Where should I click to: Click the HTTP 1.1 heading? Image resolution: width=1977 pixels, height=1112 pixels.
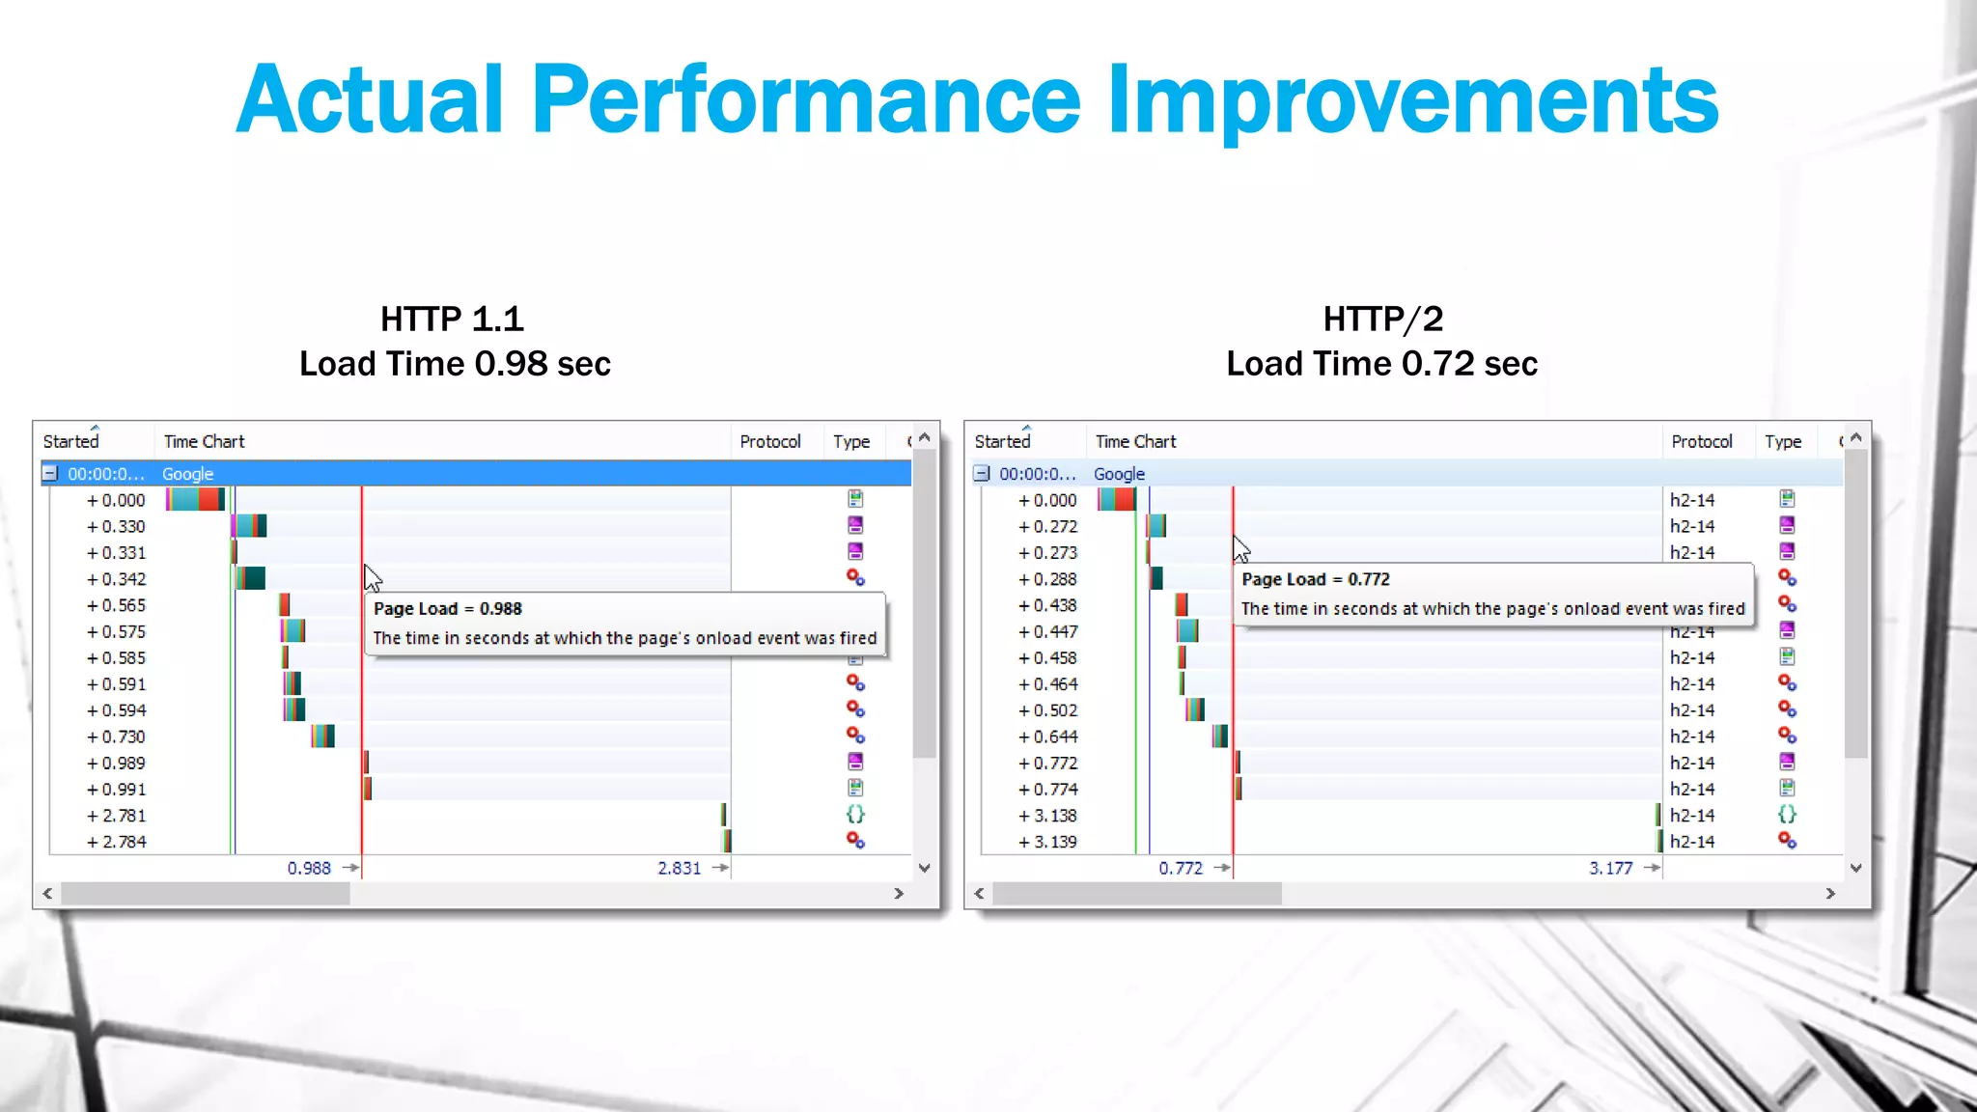click(x=452, y=319)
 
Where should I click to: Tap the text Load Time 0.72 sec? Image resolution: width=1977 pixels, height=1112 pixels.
click(x=1381, y=364)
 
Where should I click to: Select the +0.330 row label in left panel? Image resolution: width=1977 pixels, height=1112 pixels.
click(x=117, y=527)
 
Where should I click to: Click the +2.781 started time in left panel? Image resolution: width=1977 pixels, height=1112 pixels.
click(x=117, y=816)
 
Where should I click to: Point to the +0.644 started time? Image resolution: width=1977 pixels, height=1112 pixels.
click(x=1048, y=737)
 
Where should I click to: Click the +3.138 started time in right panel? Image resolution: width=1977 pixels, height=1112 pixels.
click(x=1048, y=816)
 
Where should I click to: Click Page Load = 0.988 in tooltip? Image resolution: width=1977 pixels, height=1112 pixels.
click(x=448, y=609)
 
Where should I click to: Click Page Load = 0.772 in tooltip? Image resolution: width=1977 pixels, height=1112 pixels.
click(x=1316, y=579)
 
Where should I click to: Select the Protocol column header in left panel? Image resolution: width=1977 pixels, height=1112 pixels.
click(x=770, y=441)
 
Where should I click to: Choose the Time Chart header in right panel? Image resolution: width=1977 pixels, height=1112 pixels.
click(x=1135, y=441)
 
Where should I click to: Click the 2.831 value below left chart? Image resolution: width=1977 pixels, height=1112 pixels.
click(x=680, y=868)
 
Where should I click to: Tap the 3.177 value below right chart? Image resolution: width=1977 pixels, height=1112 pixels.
click(x=1610, y=868)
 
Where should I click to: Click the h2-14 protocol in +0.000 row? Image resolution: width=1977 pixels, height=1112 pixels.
click(x=1692, y=500)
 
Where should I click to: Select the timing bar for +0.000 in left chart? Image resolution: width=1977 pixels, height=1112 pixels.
click(x=195, y=499)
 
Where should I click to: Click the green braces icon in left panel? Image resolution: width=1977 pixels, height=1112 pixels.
click(x=855, y=815)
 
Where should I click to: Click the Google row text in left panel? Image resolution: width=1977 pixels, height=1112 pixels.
click(x=187, y=474)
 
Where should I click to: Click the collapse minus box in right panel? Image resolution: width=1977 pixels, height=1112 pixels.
click(x=982, y=474)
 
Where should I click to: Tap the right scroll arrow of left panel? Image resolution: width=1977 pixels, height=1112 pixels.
click(x=899, y=894)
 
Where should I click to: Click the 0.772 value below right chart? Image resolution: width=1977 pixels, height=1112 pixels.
click(x=1181, y=868)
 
